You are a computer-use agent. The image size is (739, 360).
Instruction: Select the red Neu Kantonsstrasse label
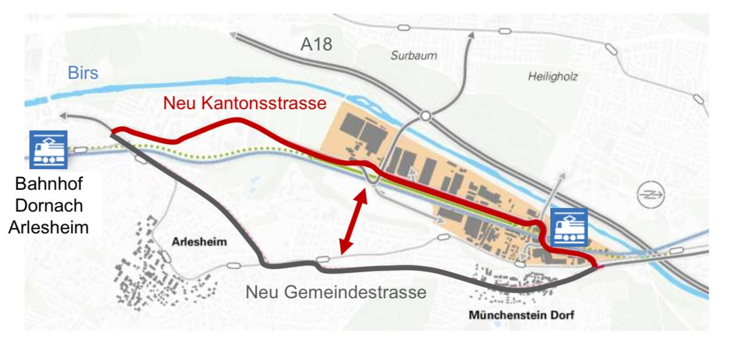245,103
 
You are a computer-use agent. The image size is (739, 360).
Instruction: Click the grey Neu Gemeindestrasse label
336,292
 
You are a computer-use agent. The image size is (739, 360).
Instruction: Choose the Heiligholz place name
553,77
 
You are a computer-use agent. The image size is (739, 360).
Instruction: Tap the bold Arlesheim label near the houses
199,242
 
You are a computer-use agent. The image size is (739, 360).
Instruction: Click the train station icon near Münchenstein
569,227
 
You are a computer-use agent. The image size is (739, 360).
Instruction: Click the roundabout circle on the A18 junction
426,115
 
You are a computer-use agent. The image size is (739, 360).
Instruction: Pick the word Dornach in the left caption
48,205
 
